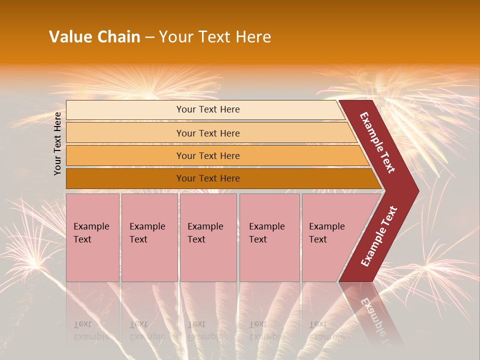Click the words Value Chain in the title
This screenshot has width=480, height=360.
click(x=94, y=37)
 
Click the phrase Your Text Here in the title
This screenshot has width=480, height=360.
click(x=215, y=37)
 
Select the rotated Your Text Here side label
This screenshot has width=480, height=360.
click(x=57, y=143)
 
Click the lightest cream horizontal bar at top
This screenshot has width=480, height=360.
click(x=125, y=110)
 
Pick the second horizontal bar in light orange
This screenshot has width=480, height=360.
click(x=125, y=133)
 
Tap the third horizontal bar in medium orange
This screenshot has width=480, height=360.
click(x=125, y=156)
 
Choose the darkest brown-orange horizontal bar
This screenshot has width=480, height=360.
click(x=125, y=178)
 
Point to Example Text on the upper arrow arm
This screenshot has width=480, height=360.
click(x=377, y=143)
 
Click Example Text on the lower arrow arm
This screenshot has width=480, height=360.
click(x=379, y=236)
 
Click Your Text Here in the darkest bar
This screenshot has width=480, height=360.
click(x=208, y=178)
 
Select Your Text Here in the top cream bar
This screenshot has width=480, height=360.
click(x=208, y=109)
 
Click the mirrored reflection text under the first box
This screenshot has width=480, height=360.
click(x=91, y=330)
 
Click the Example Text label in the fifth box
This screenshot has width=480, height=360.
click(x=326, y=233)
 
